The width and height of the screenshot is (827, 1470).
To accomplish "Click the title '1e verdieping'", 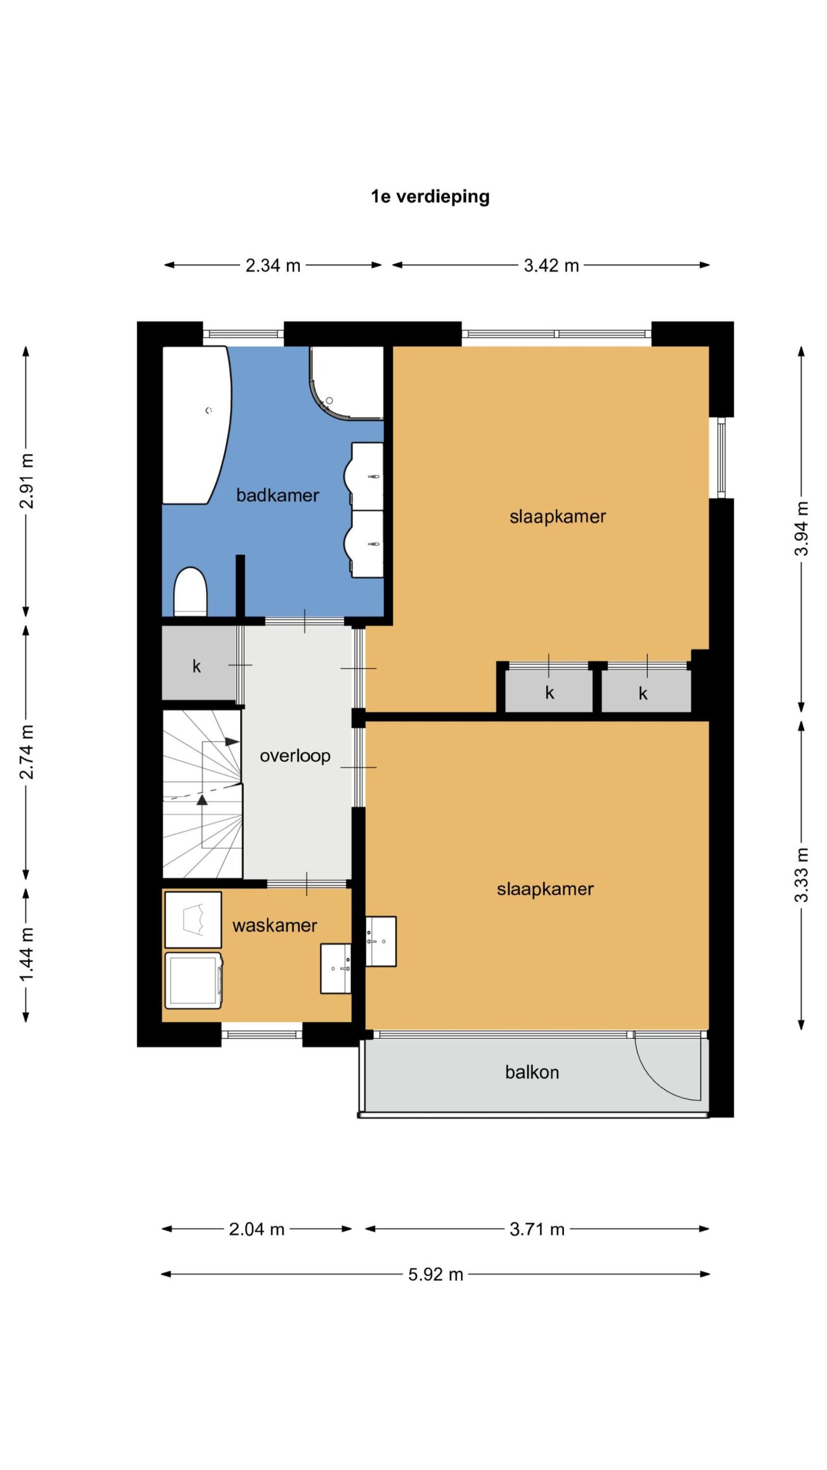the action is click(x=430, y=196).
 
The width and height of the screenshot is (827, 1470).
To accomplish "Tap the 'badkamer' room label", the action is click(x=277, y=495).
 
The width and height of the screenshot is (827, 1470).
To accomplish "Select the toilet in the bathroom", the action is click(x=190, y=591).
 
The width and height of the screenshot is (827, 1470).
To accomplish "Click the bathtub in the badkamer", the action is click(x=196, y=425).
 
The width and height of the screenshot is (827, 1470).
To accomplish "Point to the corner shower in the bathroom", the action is click(x=347, y=382).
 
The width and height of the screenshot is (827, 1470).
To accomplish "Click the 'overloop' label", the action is click(x=295, y=756).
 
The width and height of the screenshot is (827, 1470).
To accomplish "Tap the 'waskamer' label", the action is click(x=275, y=925).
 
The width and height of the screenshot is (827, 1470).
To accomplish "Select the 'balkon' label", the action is click(x=532, y=1072).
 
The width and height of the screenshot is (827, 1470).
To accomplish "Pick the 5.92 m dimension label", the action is click(x=435, y=1274).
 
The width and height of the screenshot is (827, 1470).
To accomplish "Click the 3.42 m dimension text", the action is click(x=551, y=265).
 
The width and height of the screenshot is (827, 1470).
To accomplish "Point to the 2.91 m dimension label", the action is click(x=27, y=481).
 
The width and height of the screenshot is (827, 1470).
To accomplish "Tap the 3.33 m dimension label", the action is click(x=801, y=875).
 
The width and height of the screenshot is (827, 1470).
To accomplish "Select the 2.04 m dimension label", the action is click(x=257, y=1229).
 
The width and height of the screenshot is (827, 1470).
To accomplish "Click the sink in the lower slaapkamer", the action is click(x=381, y=941).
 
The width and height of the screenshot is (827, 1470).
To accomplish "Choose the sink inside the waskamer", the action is click(x=336, y=968).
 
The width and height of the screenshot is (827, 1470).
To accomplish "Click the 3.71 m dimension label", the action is click(x=537, y=1229).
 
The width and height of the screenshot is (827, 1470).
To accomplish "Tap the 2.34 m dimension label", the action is click(x=273, y=265).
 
